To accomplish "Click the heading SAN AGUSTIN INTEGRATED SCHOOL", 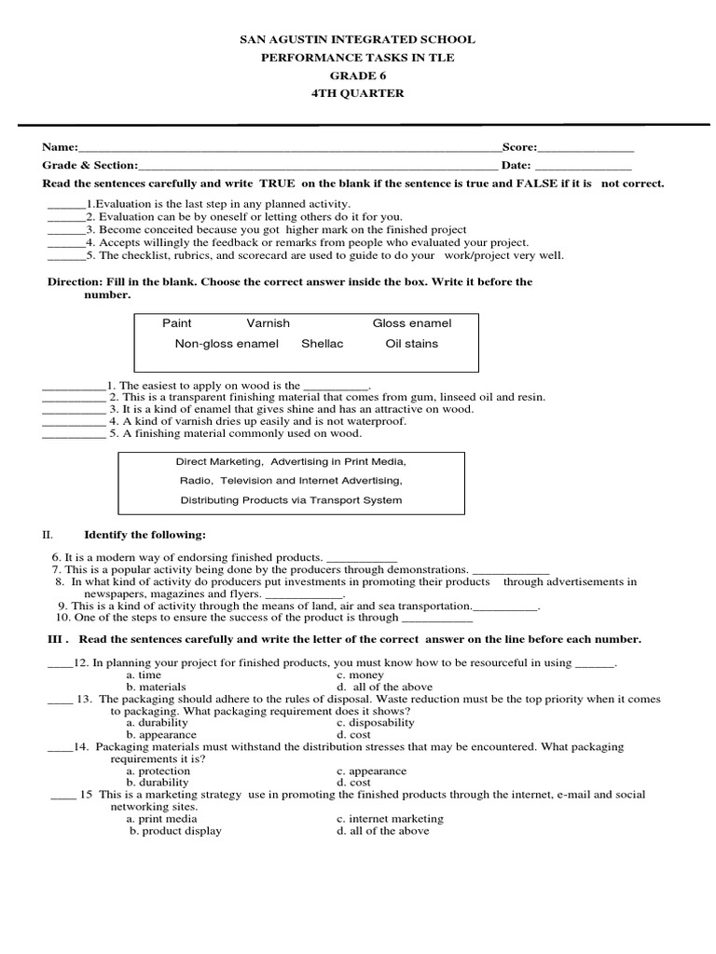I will click(358, 40).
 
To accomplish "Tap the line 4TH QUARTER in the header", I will click(358, 93).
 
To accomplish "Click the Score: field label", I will click(519, 147).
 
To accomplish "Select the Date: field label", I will click(516, 165).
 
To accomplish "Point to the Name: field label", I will click(58, 147).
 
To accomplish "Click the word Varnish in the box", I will click(268, 323).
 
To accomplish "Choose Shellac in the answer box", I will click(322, 344).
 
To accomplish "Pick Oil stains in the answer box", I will click(411, 344).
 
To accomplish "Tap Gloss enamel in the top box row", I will click(411, 323).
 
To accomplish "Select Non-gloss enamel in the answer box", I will click(227, 344).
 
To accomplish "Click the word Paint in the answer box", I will click(177, 323).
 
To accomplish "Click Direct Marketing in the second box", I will click(213, 461).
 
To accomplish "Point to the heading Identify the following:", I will click(145, 535).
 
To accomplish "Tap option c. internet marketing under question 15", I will click(390, 819).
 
